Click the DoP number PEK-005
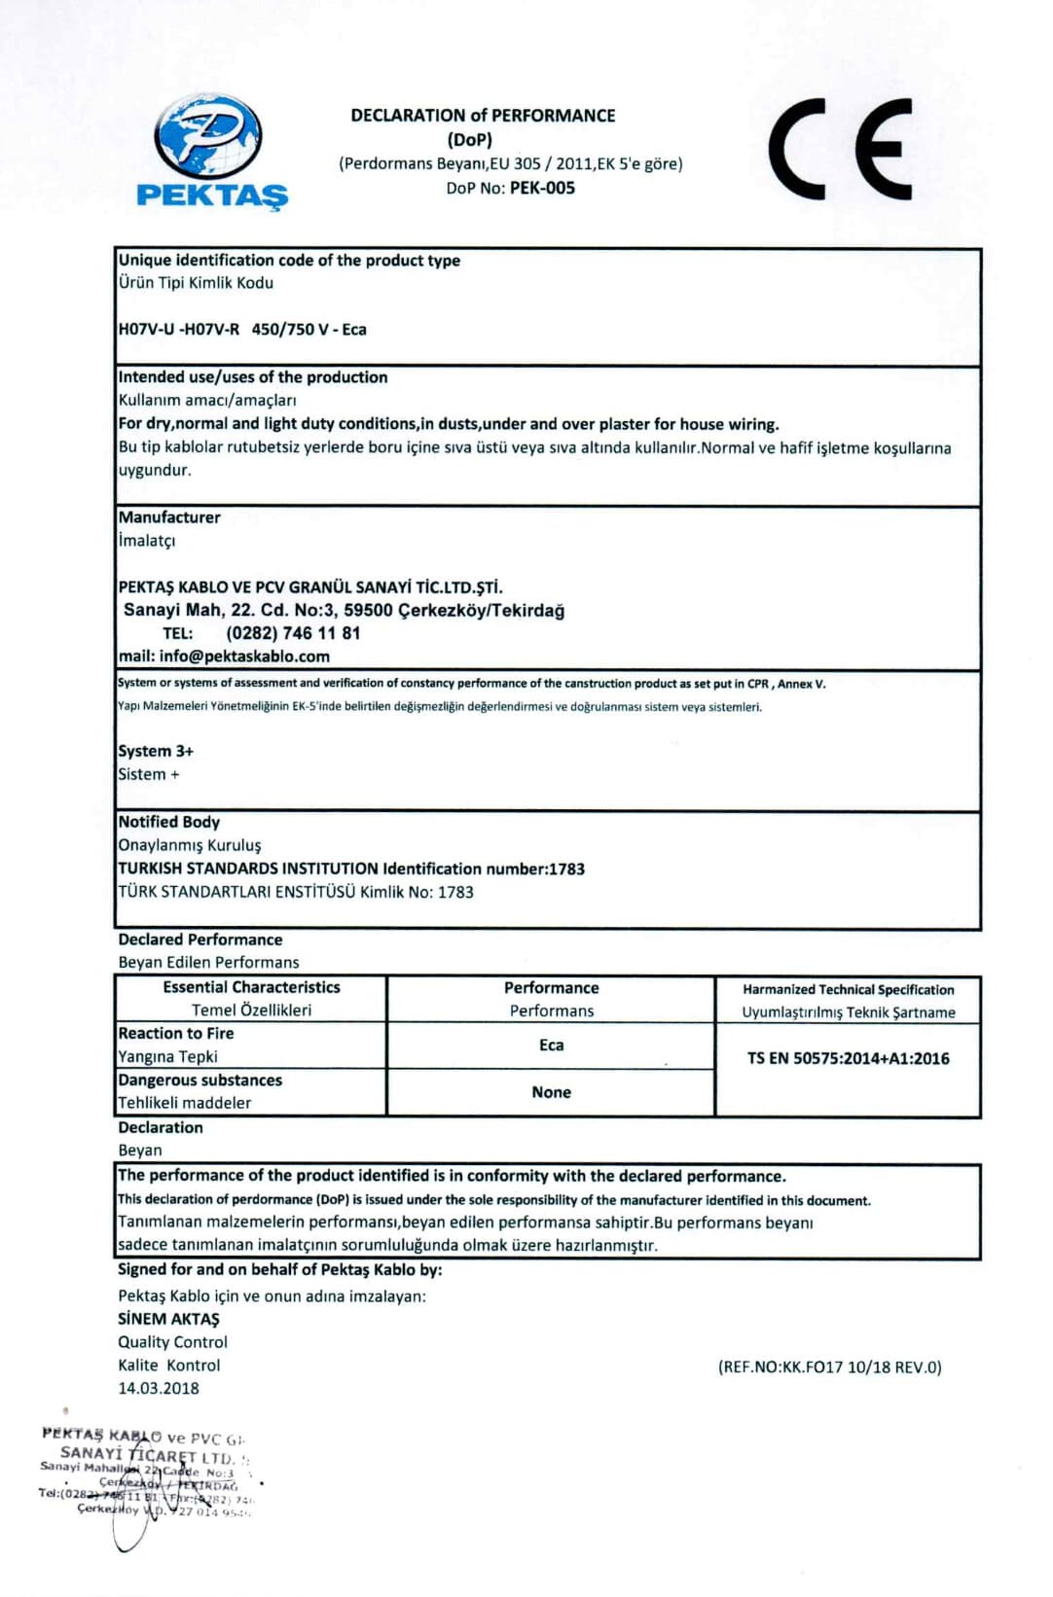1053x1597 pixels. [542, 188]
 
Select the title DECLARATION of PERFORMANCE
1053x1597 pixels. [483, 115]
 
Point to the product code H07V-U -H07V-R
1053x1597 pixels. [178, 329]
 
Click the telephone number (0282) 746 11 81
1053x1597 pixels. [293, 633]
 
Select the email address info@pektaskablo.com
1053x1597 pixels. [244, 657]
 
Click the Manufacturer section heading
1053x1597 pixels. [169, 517]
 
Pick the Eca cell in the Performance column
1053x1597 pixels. [551, 1045]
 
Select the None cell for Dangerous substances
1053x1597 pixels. [551, 1092]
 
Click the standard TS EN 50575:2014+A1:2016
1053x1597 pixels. [848, 1058]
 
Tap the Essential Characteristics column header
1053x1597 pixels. [251, 987]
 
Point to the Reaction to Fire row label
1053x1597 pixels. [176, 1033]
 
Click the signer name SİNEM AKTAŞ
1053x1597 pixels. [168, 1319]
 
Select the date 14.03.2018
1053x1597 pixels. [159, 1388]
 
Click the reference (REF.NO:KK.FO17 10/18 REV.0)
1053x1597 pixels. [829, 1366]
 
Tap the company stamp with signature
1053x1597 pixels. [146, 1478]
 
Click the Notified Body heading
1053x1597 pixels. [168, 822]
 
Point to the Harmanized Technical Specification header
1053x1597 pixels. [848, 989]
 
